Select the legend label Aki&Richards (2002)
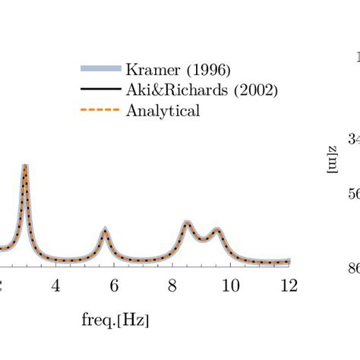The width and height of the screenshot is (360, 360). (x=202, y=90)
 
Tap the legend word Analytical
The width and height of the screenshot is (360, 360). (x=163, y=111)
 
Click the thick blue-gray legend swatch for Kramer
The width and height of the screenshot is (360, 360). (x=100, y=69)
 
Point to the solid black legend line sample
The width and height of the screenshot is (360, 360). (x=100, y=90)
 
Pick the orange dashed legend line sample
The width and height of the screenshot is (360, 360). (x=100, y=111)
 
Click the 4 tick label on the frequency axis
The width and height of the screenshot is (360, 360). (x=55, y=285)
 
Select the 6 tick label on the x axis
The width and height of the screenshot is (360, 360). (x=114, y=285)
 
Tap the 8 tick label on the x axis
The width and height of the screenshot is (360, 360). (x=172, y=285)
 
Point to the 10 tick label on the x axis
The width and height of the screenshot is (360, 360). (x=230, y=285)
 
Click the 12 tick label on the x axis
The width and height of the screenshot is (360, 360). (x=289, y=285)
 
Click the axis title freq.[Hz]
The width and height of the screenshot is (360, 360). (x=115, y=320)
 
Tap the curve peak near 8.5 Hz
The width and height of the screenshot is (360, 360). (x=187, y=222)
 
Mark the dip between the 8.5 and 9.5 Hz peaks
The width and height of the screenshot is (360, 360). (x=203, y=238)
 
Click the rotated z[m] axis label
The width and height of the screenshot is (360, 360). (x=332, y=159)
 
